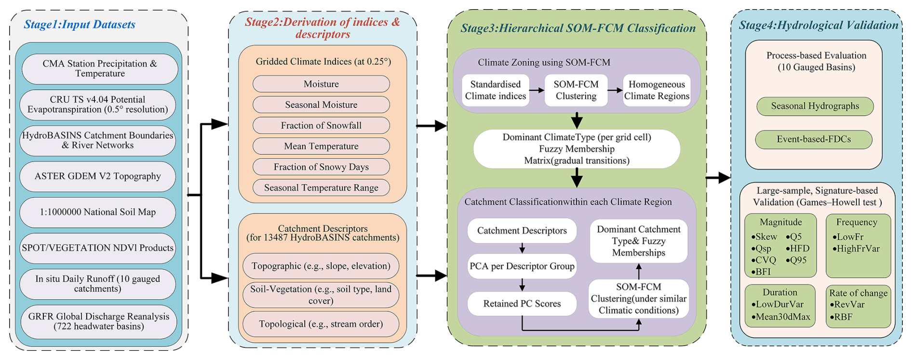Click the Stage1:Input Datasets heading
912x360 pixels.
point(80,25)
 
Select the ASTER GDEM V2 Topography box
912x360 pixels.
point(98,176)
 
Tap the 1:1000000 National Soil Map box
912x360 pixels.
point(98,212)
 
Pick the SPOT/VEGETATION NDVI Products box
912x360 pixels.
point(98,248)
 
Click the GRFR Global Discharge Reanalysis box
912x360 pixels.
point(99,321)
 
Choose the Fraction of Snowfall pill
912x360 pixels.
point(321,126)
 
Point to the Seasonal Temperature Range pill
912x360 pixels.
point(321,188)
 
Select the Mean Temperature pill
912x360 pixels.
point(321,147)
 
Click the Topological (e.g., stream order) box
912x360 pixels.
point(321,324)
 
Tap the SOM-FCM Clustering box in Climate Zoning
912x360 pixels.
point(576,90)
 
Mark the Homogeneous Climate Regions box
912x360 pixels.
point(657,90)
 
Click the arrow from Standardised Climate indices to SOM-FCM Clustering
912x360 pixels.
point(536,90)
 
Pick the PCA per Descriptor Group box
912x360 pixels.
point(522,267)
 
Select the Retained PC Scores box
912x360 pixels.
point(522,304)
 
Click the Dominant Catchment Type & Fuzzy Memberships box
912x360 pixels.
point(639,241)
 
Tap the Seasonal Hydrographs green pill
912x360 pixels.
point(815,107)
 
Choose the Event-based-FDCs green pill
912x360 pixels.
point(814,140)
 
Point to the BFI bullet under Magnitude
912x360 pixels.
point(761,272)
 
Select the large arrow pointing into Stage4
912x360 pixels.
point(719,178)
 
